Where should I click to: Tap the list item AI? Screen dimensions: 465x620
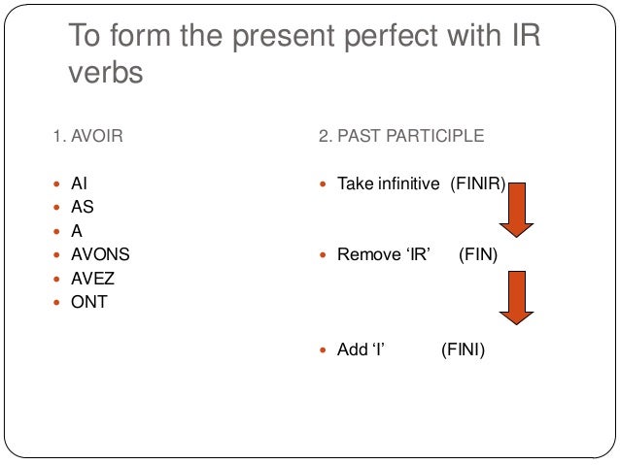pos(80,183)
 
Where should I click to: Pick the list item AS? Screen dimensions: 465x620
pos(83,207)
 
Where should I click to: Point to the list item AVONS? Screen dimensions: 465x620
pos(100,254)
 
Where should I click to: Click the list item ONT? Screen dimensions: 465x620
pos(89,302)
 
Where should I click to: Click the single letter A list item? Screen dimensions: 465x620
pos(77,231)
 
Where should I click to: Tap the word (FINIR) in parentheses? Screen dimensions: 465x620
pos(477,183)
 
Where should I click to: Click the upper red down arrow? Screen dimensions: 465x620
pos(517,209)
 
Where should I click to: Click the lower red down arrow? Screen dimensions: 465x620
pos(517,301)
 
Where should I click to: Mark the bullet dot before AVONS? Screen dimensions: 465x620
pos(57,255)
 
